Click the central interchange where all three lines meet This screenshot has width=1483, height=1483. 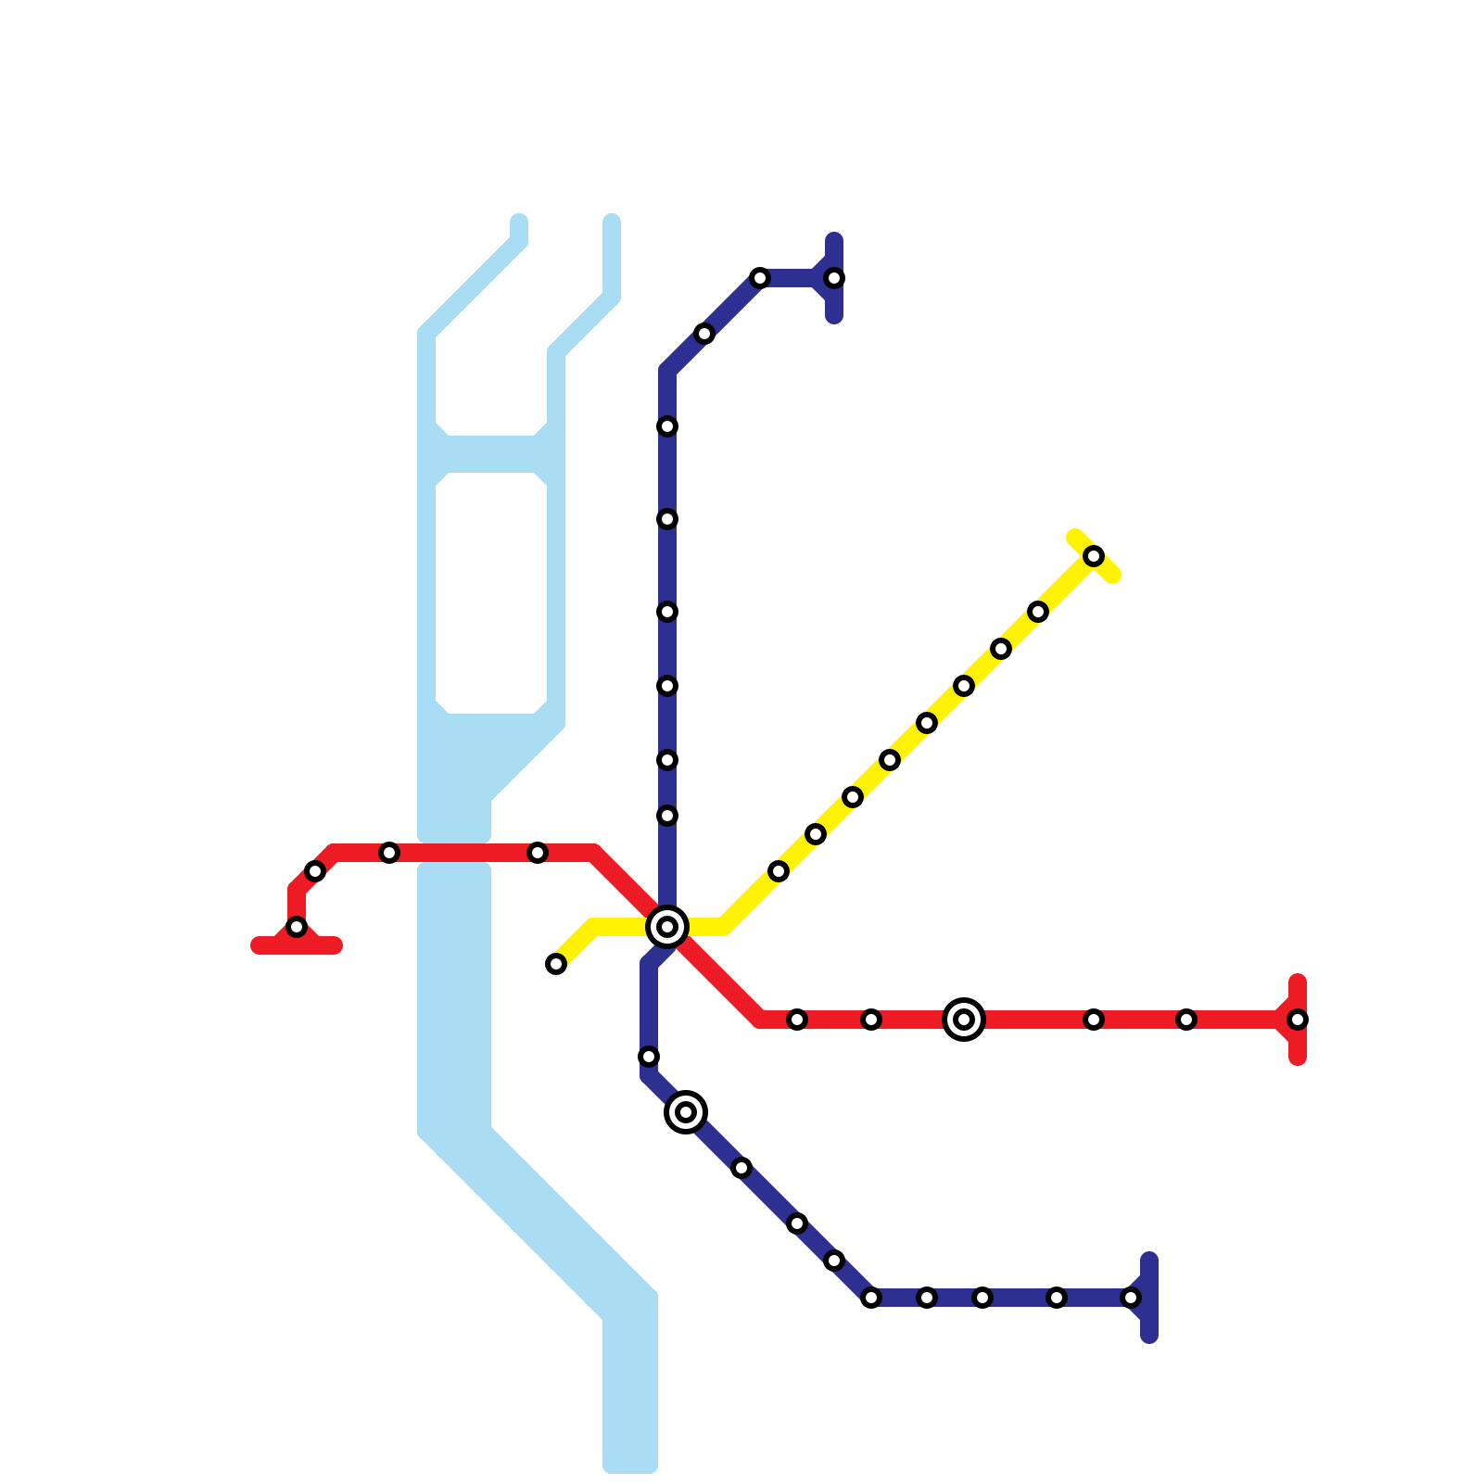(x=667, y=926)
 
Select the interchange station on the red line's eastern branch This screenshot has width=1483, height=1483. (x=964, y=1020)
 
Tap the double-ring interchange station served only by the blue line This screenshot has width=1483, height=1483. (x=686, y=1111)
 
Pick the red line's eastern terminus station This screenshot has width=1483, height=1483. (x=1298, y=1020)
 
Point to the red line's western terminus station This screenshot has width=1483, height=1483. (x=297, y=927)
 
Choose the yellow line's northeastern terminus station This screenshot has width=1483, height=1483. (x=1094, y=556)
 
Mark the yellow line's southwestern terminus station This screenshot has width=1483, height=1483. (x=556, y=964)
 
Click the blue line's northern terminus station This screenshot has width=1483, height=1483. (x=834, y=278)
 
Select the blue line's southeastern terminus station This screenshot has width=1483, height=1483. (x=1131, y=1298)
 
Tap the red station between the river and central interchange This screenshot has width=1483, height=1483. (x=538, y=853)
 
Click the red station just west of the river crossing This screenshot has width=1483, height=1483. (x=389, y=853)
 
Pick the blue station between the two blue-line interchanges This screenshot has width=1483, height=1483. (x=649, y=1057)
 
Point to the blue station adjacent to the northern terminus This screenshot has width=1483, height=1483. (x=760, y=278)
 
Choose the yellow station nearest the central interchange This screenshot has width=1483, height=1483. (x=779, y=871)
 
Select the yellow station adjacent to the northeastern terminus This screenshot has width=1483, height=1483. (x=1038, y=612)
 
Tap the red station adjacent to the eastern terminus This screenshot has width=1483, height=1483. (x=1186, y=1020)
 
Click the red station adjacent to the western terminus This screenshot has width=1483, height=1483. (x=315, y=871)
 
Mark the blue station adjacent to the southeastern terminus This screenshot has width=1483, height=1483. (x=1057, y=1298)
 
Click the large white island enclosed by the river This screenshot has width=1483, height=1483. (x=491, y=593)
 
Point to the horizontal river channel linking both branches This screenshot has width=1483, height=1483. (x=491, y=454)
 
